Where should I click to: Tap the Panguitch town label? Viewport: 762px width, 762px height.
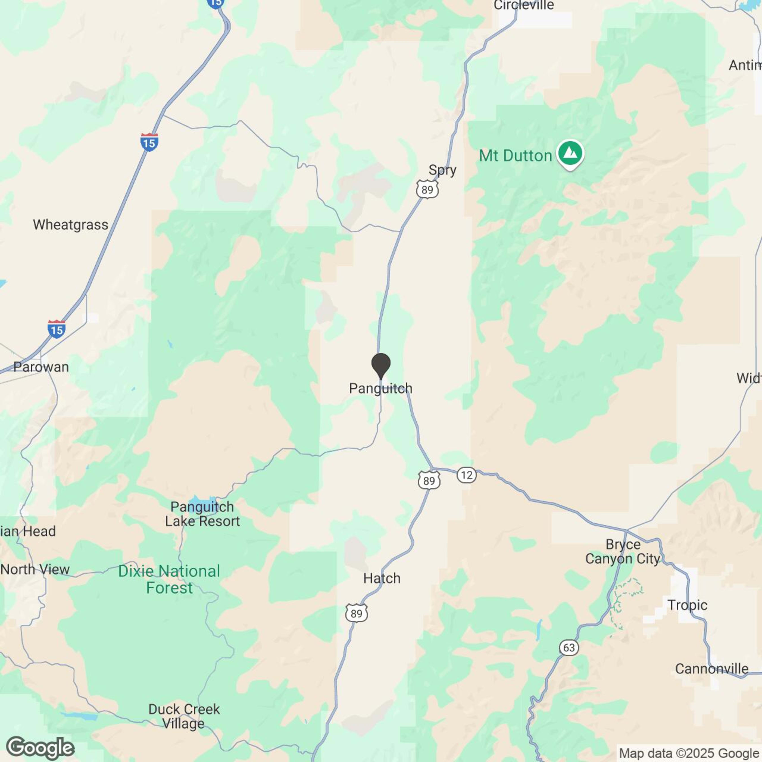point(381,388)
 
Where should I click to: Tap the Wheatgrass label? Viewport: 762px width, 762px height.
point(71,225)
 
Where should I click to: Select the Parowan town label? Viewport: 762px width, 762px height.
point(41,367)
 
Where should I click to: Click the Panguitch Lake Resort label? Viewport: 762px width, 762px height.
point(202,514)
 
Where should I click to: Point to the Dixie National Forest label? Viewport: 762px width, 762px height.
point(169,579)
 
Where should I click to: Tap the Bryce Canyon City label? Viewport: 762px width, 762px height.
point(623,551)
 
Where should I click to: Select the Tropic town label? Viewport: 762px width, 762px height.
point(687,605)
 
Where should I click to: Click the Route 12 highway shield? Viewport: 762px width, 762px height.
point(467,475)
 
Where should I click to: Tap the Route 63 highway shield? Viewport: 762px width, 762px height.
point(569,648)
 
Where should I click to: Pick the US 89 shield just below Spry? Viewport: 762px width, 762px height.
point(427,190)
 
